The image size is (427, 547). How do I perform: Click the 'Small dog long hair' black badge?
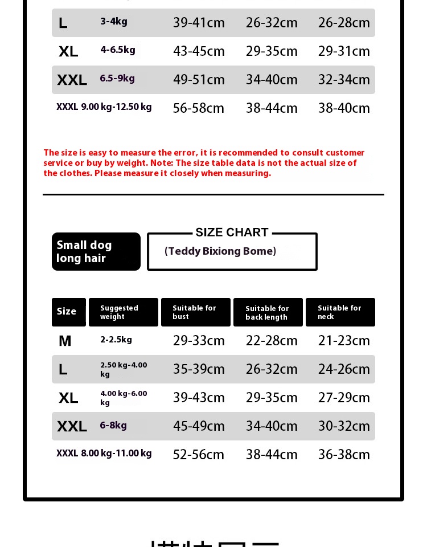96,251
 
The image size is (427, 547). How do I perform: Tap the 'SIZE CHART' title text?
232,232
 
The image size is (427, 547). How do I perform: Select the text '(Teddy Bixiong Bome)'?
220,251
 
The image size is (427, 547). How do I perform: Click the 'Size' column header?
68,312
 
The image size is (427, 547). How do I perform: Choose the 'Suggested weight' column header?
123,312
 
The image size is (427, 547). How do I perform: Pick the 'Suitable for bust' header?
195,312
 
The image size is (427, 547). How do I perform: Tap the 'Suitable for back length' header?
268,313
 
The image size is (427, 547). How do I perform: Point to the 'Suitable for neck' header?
340,312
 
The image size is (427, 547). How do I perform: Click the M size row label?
65,341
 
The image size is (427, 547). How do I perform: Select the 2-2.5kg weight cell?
116,340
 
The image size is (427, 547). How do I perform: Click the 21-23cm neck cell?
344,341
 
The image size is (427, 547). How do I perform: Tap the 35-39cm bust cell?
199,369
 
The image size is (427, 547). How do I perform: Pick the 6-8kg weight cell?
113,426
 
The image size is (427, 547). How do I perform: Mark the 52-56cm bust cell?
199,455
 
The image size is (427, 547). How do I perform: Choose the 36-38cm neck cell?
344,455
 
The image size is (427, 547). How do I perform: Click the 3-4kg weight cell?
114,22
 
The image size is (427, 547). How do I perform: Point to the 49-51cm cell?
199,80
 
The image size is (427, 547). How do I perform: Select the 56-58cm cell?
199,108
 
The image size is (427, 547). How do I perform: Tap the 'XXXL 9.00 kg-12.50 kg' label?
104,107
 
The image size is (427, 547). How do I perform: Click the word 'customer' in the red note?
344,153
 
